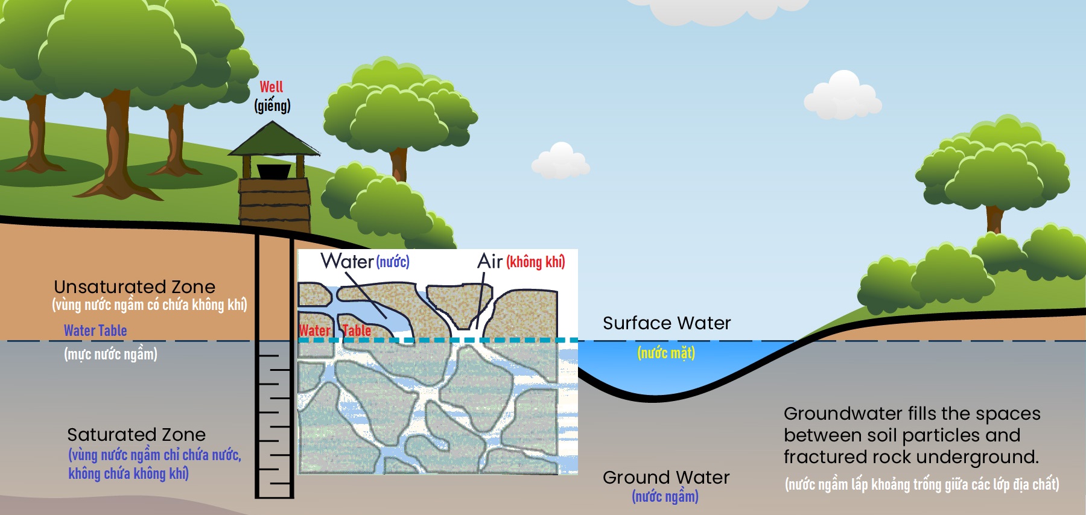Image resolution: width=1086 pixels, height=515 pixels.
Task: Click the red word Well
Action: pyautogui.click(x=271, y=87)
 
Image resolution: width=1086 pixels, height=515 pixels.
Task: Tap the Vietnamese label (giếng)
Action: pyautogui.click(x=272, y=106)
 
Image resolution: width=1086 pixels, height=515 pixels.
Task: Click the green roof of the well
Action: pyautogui.click(x=273, y=139)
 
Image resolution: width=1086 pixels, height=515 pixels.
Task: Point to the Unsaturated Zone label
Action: pyautogui.click(x=135, y=286)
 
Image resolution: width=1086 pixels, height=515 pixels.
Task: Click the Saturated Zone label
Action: pyautogui.click(x=136, y=434)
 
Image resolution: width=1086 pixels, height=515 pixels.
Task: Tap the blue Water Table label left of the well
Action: pyautogui.click(x=95, y=330)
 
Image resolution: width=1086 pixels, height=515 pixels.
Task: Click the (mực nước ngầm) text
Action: pyautogui.click(x=110, y=354)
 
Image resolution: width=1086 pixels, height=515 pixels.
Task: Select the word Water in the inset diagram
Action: pyautogui.click(x=347, y=261)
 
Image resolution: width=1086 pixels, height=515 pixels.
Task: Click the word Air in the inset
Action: pyautogui.click(x=489, y=261)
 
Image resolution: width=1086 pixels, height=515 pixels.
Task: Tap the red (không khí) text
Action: pyautogui.click(x=535, y=262)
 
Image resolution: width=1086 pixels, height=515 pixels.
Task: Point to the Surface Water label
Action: pyautogui.click(x=667, y=323)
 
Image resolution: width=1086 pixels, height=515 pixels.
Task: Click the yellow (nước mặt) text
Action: pyautogui.click(x=666, y=353)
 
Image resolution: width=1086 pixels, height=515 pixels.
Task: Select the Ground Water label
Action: pyautogui.click(x=666, y=478)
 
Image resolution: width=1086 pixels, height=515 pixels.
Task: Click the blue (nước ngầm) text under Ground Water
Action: pyautogui.click(x=665, y=496)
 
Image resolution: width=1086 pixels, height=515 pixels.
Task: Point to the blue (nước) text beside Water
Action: pyautogui.click(x=393, y=262)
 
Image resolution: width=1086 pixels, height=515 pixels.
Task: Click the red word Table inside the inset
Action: pyautogui.click(x=357, y=330)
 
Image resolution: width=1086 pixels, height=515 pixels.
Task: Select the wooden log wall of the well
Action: pyautogui.click(x=275, y=202)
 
